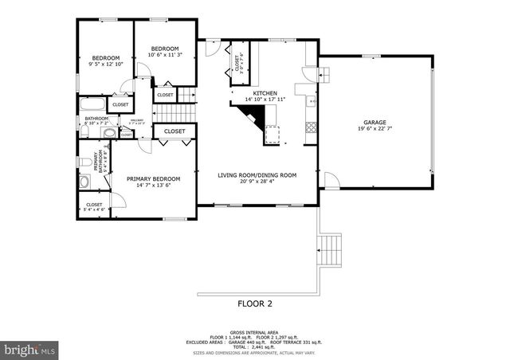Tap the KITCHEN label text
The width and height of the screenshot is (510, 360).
265,93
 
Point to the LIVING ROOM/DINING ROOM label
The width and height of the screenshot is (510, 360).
257,174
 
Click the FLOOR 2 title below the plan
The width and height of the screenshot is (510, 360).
255,303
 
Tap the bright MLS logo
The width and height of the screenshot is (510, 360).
30,349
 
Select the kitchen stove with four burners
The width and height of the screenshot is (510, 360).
310,126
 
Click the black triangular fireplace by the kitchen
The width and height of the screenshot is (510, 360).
253,118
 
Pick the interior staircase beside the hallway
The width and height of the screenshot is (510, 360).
186,96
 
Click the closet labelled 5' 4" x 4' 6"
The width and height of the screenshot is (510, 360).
95,209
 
